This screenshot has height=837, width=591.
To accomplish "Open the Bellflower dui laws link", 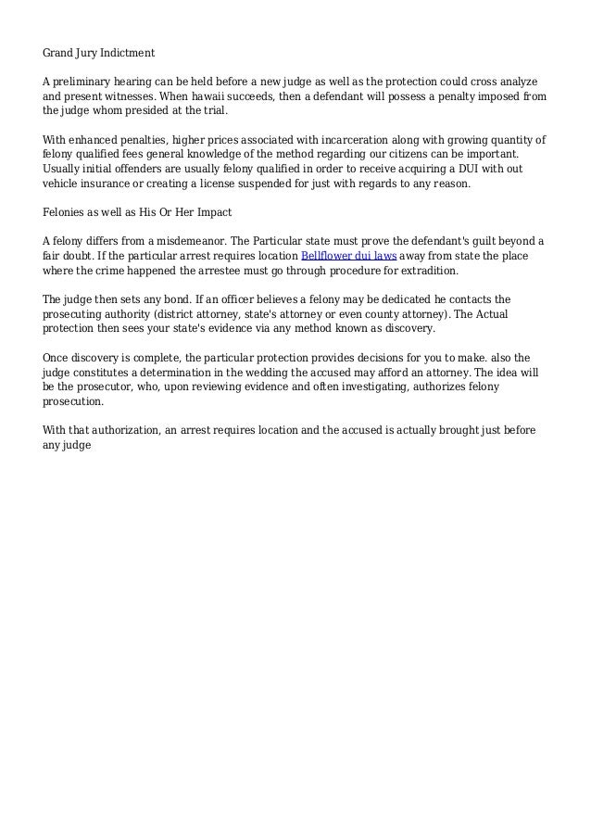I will (342, 259).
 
